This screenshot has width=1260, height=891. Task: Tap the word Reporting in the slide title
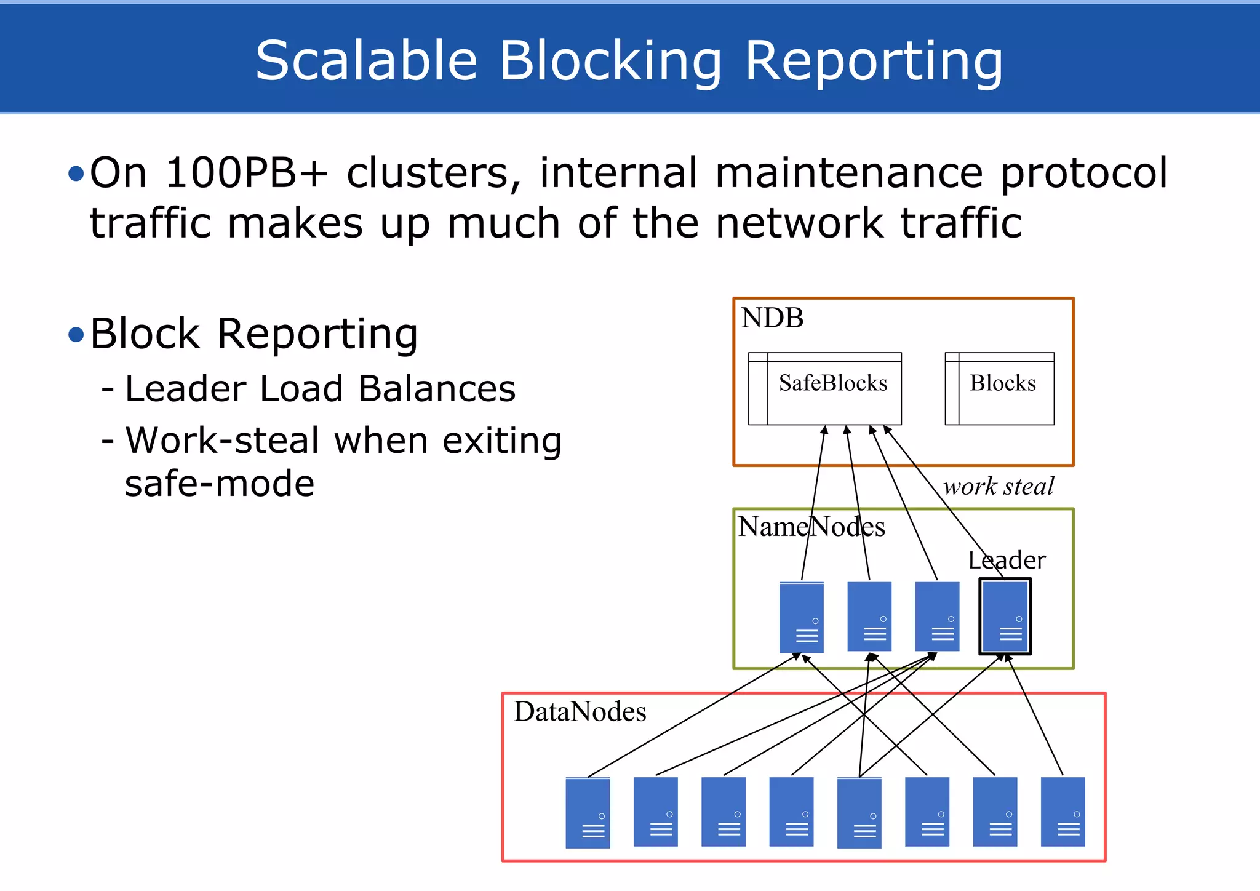pos(874,62)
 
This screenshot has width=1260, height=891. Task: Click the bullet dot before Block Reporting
pos(76,335)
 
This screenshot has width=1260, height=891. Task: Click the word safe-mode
pos(219,484)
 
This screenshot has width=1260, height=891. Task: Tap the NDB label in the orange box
pos(772,318)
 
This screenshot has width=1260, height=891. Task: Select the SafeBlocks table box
pos(824,389)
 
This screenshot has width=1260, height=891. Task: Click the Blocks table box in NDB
pos(999,389)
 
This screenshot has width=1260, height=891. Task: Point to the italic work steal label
pos(999,487)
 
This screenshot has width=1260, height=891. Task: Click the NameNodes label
pos(811,527)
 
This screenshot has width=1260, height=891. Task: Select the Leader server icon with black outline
pos(1005,617)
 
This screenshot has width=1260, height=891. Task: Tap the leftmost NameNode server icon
pos(801,617)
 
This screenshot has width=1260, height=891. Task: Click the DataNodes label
pos(580,712)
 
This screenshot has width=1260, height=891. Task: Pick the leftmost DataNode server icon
pos(588,812)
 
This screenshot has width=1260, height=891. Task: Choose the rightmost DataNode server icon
pos(1063,812)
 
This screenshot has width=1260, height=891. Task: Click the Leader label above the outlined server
pos(1007,561)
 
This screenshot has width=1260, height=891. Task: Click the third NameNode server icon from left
pos(937,617)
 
